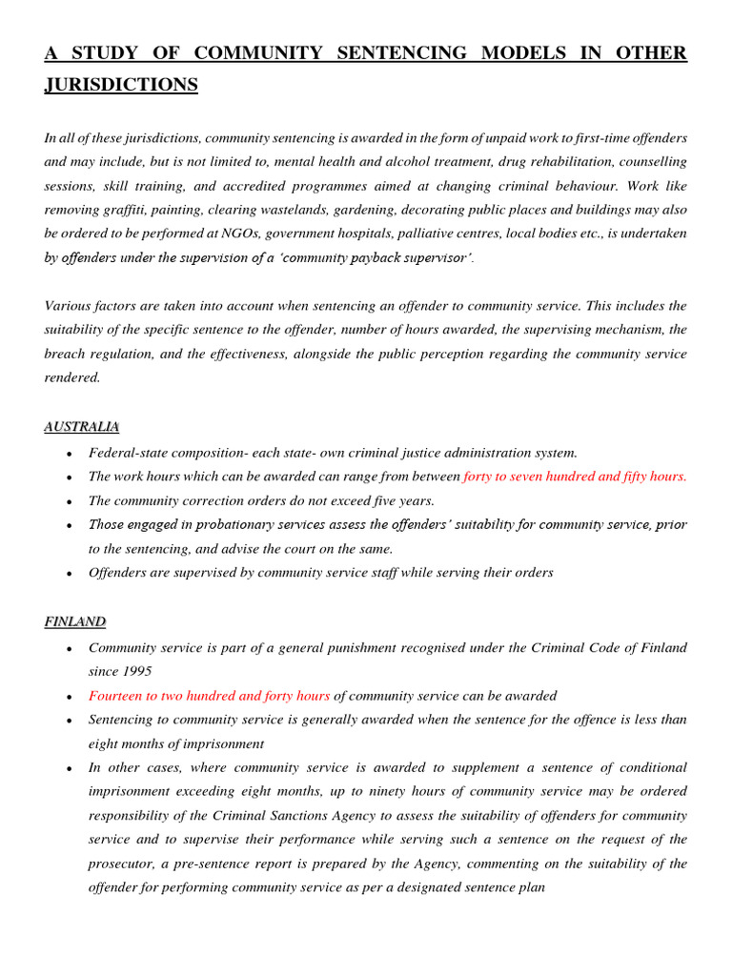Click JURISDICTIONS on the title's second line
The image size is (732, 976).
121,86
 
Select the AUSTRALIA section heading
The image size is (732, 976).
81,426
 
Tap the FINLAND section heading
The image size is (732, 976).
74,621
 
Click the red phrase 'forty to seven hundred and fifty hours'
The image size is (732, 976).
575,477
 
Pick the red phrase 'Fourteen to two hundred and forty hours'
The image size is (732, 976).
209,696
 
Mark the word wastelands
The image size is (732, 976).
328,210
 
